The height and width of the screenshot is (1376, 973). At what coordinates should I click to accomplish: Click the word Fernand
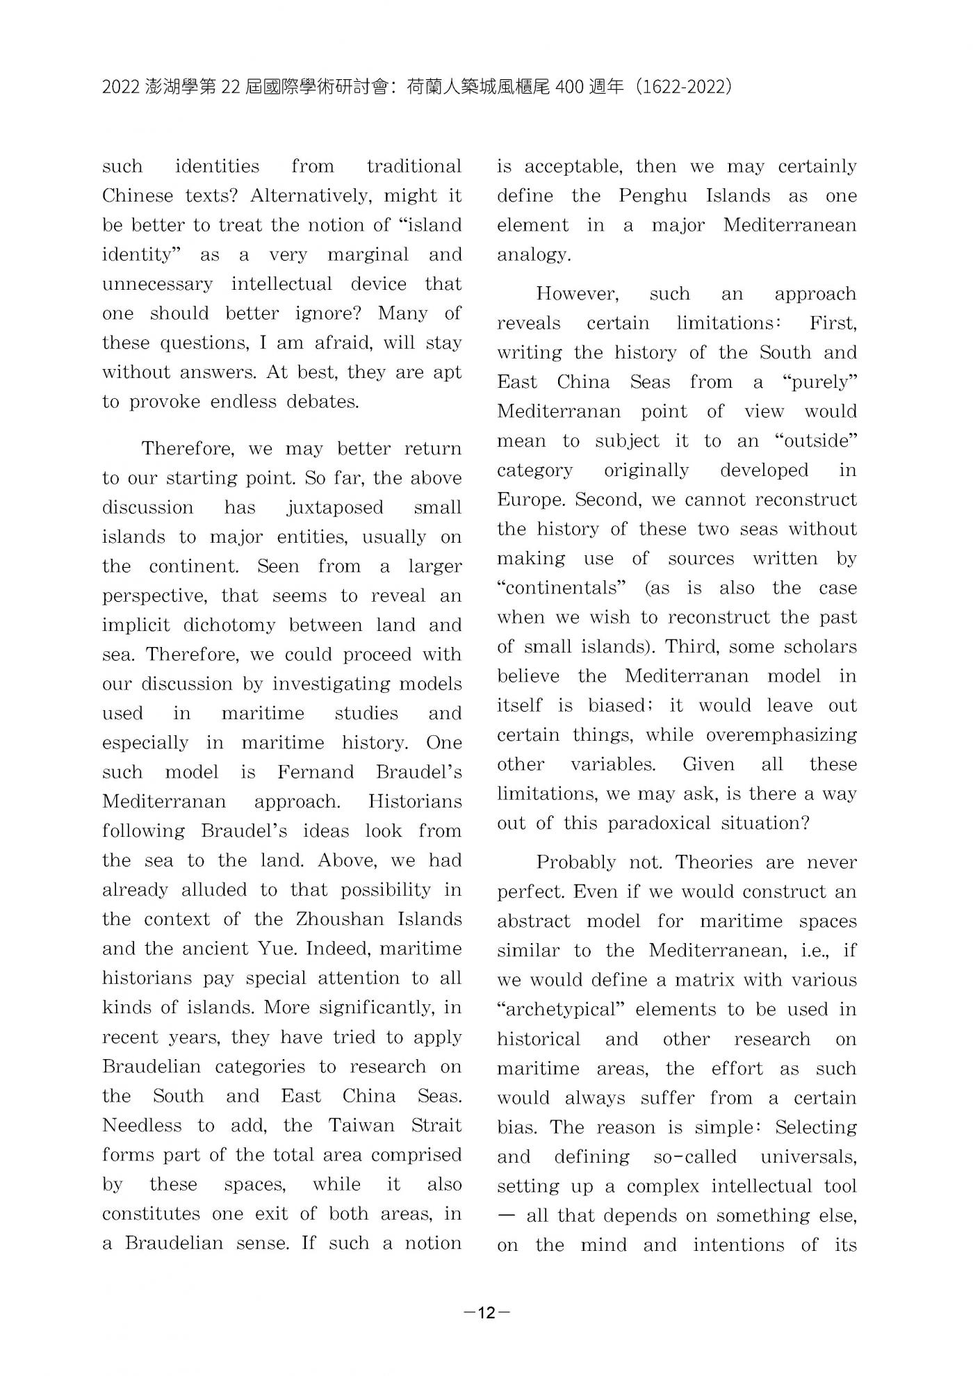(316, 772)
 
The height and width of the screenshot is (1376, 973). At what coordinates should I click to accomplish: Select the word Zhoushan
(340, 919)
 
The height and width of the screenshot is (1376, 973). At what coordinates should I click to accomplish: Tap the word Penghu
(653, 196)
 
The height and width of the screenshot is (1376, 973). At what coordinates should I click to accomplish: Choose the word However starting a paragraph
(577, 294)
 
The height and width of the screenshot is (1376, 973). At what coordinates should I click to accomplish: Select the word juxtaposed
(334, 507)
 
